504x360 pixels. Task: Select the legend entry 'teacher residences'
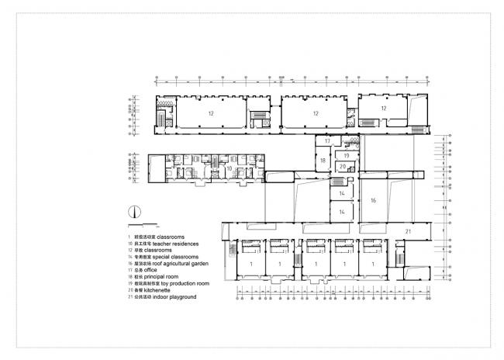pyautogui.click(x=161, y=243)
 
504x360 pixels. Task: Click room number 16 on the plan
pyautogui.click(x=373, y=200)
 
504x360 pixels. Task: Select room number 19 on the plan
pyautogui.click(x=347, y=155)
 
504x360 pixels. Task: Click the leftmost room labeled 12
pyautogui.click(x=210, y=112)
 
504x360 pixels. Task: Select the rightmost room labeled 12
pyautogui.click(x=382, y=108)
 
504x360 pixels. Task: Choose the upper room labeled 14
pyautogui.click(x=341, y=192)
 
